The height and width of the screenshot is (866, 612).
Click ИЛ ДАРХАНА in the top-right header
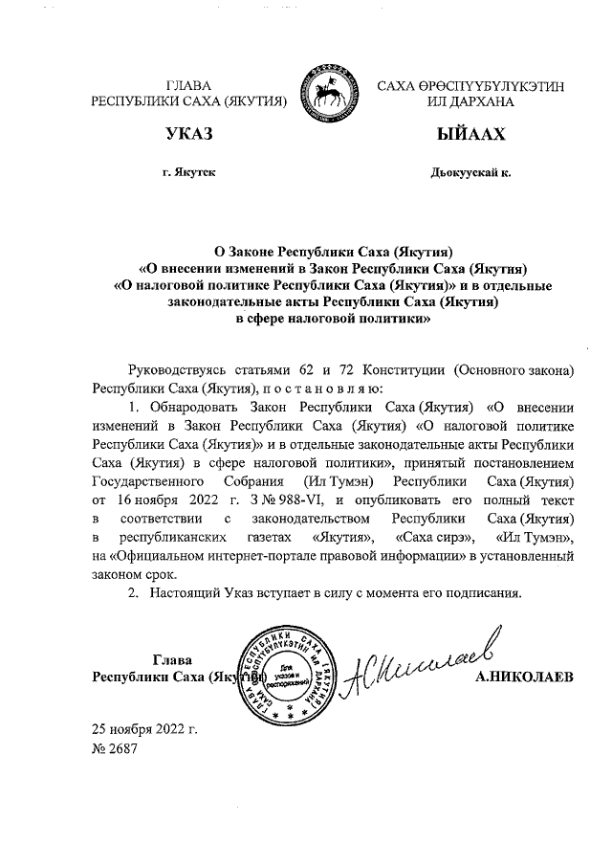(470, 100)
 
